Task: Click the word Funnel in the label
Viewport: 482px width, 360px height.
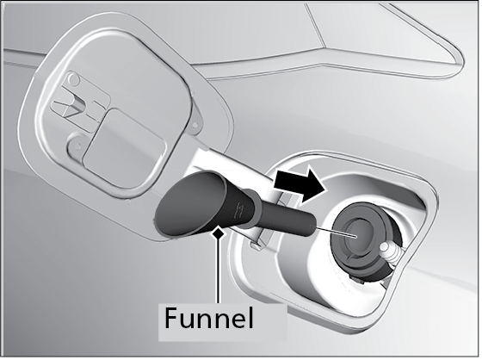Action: [x=209, y=318]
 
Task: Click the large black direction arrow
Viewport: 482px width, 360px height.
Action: [x=299, y=185]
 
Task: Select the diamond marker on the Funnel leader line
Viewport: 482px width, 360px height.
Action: [x=219, y=233]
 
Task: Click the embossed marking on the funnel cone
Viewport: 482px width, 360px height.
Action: [x=238, y=210]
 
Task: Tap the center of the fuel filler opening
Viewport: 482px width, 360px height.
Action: [x=356, y=236]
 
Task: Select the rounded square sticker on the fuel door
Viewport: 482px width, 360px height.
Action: [x=124, y=149]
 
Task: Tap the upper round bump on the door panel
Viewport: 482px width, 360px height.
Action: [x=74, y=80]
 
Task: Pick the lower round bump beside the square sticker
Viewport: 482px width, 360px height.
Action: [x=76, y=145]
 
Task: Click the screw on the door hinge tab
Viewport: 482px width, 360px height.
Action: [x=195, y=125]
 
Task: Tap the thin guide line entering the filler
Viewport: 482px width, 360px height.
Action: [x=335, y=233]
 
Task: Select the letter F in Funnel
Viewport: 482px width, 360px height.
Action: [x=171, y=318]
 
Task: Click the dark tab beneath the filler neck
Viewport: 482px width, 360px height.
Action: [x=356, y=279]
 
